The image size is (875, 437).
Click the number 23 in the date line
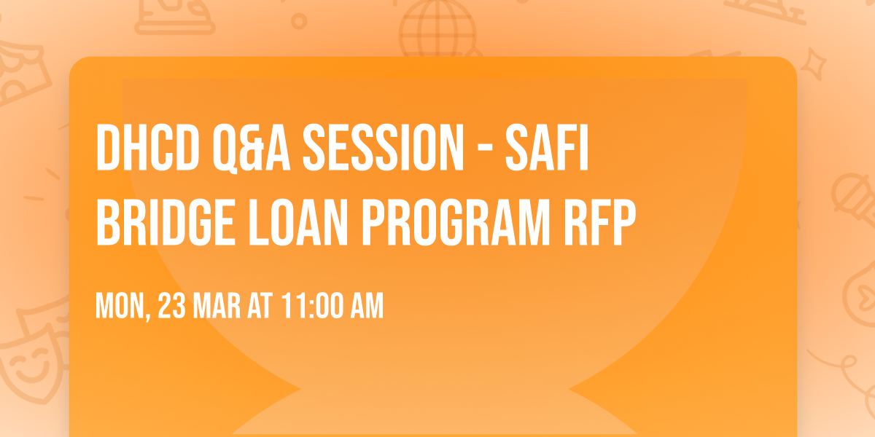(x=172, y=307)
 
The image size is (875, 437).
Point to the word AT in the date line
(x=259, y=307)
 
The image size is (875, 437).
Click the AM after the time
(x=367, y=307)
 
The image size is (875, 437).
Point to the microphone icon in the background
(x=853, y=197)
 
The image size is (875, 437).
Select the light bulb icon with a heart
(x=860, y=291)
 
